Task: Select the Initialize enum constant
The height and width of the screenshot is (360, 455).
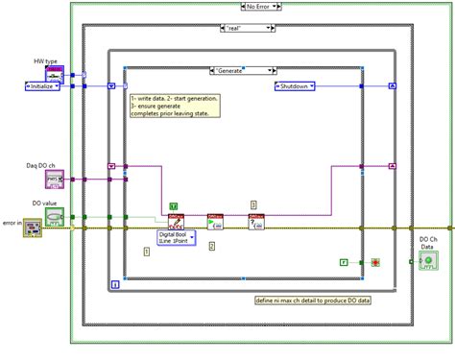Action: [x=42, y=85]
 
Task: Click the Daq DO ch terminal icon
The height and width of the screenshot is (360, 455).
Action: [x=54, y=179]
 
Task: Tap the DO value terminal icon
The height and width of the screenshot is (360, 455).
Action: [x=54, y=217]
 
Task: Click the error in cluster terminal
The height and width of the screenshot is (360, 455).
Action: [x=33, y=227]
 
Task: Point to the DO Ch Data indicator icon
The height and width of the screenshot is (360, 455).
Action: [x=427, y=260]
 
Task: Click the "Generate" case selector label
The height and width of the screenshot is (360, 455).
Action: [x=243, y=69]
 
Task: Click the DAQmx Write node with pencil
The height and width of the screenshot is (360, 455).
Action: [x=176, y=222]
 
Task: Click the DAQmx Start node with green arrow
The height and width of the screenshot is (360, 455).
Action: [x=216, y=222]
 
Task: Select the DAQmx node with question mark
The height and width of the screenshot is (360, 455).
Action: [x=255, y=222]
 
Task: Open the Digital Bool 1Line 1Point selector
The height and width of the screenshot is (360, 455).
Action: [x=177, y=237]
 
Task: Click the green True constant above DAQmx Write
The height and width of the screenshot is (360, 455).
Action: [x=174, y=205]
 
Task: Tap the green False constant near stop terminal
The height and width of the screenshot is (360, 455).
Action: [x=344, y=261]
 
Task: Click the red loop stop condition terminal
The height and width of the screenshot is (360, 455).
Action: [x=375, y=261]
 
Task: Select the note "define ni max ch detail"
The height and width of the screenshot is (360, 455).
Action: [x=313, y=300]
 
